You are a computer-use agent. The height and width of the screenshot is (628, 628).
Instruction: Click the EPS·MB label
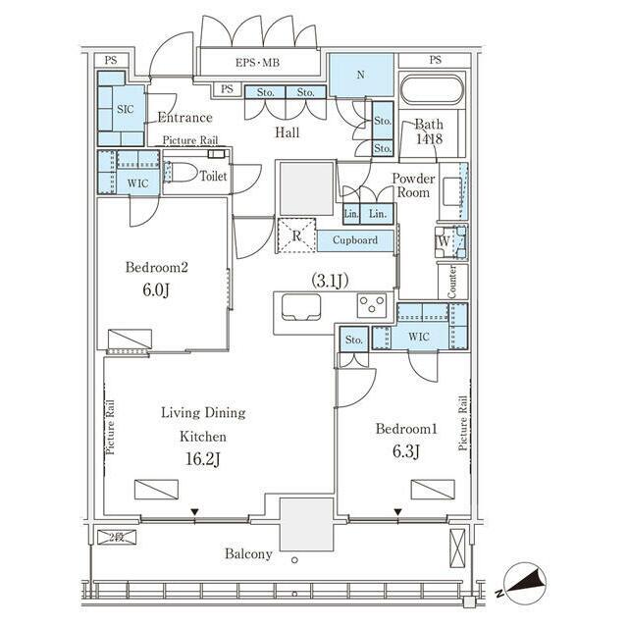(x=257, y=63)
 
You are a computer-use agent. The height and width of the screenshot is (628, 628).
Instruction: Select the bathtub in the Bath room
(x=432, y=89)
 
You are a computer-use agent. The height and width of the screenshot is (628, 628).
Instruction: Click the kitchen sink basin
(x=301, y=307)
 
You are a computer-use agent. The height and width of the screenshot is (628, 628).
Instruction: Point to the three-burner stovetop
(x=372, y=305)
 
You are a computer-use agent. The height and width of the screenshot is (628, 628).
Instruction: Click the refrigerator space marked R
(x=296, y=235)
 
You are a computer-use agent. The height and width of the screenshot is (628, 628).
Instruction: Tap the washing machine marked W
(x=451, y=242)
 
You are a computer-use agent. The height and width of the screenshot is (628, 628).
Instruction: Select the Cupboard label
(x=355, y=239)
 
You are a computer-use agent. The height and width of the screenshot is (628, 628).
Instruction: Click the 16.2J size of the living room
(x=203, y=459)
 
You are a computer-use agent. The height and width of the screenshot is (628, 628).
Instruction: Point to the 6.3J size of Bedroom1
(x=405, y=451)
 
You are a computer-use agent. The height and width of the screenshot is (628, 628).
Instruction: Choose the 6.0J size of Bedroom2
(x=156, y=289)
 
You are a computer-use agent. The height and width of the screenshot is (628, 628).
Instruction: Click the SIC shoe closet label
(x=125, y=109)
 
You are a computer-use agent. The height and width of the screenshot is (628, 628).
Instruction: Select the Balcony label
(x=248, y=553)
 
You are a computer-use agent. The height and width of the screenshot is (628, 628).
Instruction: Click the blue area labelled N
(x=361, y=75)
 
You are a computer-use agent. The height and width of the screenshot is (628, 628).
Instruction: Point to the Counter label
(x=451, y=282)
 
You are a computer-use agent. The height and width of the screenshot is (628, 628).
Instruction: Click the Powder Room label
(x=413, y=185)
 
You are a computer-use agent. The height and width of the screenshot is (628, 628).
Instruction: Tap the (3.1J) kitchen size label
(x=330, y=281)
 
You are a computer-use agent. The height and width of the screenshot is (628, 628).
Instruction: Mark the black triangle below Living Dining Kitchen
(x=194, y=512)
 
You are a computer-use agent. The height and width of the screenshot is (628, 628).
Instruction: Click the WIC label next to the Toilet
(x=137, y=183)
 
